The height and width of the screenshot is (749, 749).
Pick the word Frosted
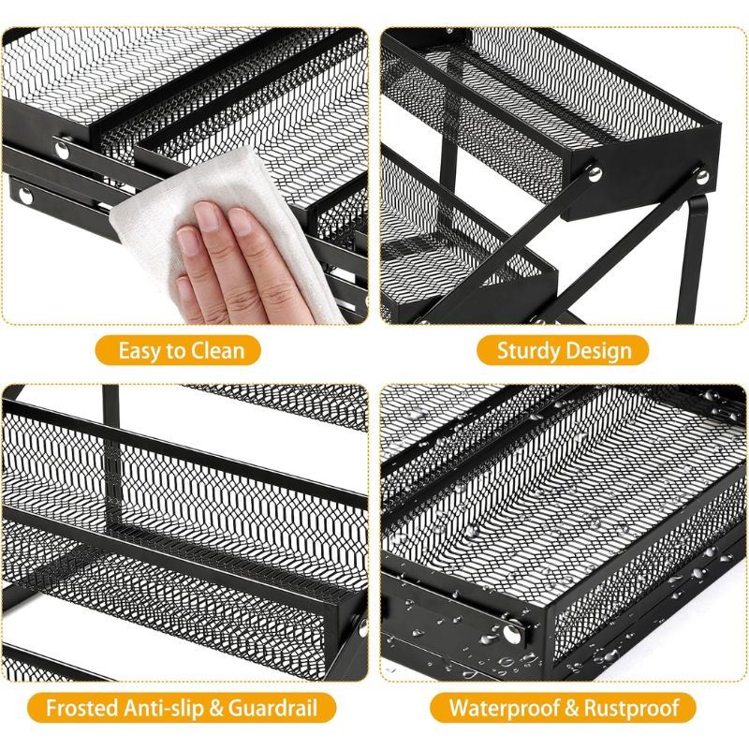pyautogui.click(x=82, y=708)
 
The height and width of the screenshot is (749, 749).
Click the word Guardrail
pyautogui.click(x=272, y=708)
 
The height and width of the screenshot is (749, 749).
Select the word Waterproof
pyautogui.click(x=505, y=708)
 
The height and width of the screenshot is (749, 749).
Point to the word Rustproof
pyautogui.click(x=631, y=708)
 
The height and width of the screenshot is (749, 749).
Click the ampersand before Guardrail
pyautogui.click(x=216, y=708)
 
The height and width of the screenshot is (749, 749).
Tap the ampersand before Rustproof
pyautogui.click(x=572, y=708)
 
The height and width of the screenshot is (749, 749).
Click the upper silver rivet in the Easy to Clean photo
pyautogui.click(x=62, y=150)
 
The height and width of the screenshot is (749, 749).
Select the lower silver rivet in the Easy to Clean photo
pyautogui.click(x=25, y=196)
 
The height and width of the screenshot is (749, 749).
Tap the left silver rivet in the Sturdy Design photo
pyautogui.click(x=595, y=173)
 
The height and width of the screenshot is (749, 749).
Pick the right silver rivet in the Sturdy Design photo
pyautogui.click(x=702, y=177)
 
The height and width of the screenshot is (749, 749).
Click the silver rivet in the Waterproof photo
pyautogui.click(x=512, y=633)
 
